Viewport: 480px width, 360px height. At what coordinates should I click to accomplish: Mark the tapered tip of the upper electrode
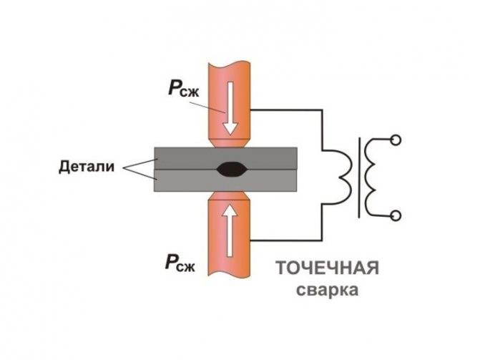(230, 143)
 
